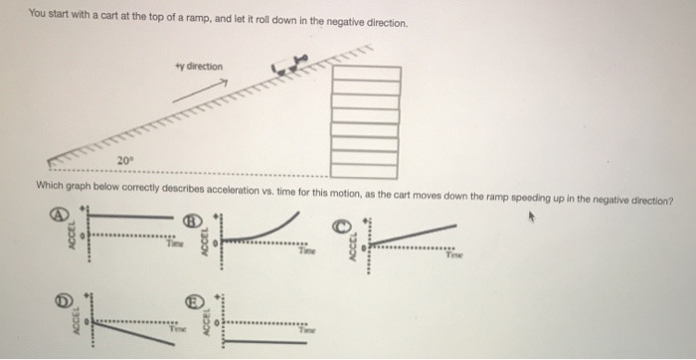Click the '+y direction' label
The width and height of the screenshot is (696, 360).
[x=198, y=67]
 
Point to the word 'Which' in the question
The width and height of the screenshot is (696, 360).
[x=51, y=185]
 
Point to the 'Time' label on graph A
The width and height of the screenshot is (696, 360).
[x=175, y=241]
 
